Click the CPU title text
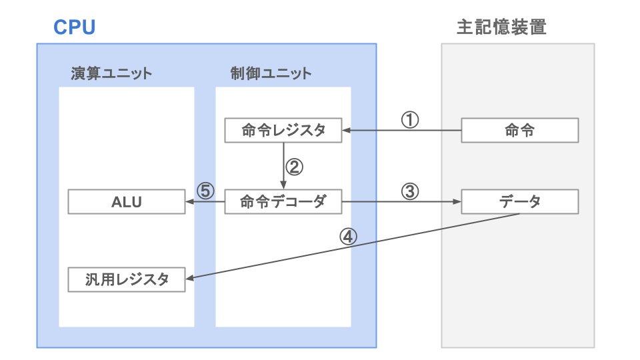tap(74, 27)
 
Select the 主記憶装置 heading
tap(501, 27)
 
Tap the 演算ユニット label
tap(111, 73)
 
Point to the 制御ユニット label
tap(271, 73)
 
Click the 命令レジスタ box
tap(283, 131)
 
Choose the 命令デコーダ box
tap(283, 202)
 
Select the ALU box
tap(127, 202)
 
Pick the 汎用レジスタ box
tap(127, 279)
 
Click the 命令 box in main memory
tap(519, 131)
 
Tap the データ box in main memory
tap(519, 202)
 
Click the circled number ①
tap(410, 119)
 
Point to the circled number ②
tap(294, 166)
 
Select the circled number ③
tap(410, 191)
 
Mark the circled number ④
tap(349, 237)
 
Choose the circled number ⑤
tap(205, 191)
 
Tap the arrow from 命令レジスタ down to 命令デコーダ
tap(283, 167)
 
